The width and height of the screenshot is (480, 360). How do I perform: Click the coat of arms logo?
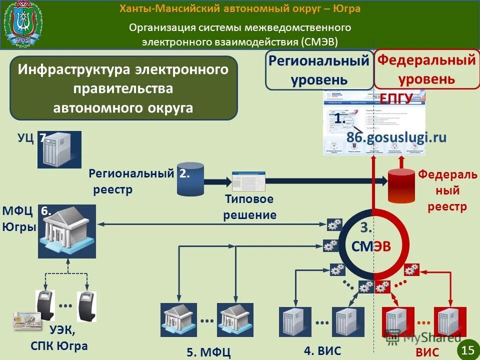tap(23, 24)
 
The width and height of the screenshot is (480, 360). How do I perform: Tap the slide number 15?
tap(468, 349)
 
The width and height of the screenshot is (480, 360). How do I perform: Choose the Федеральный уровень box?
tap(426, 69)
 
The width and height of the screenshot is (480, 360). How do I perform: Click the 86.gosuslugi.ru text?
tap(396, 137)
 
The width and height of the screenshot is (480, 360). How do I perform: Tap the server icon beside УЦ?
tap(59, 149)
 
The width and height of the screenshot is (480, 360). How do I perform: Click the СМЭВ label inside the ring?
tap(370, 245)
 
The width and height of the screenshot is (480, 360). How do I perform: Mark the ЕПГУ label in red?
tap(396, 98)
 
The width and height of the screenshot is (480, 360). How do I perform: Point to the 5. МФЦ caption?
tap(208, 352)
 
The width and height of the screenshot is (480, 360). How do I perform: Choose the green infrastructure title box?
tap(123, 88)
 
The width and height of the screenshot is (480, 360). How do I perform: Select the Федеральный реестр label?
tap(447, 190)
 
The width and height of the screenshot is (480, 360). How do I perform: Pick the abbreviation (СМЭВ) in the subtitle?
tap(319, 41)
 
